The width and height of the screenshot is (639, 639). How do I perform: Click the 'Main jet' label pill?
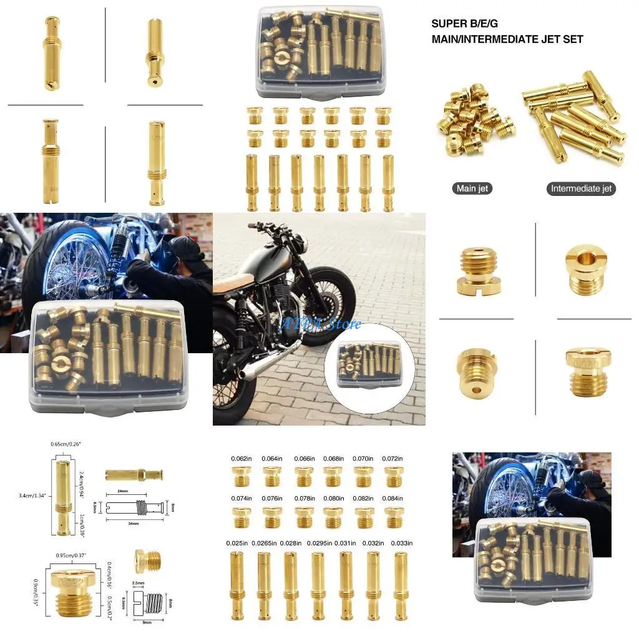pyautogui.click(x=472, y=188)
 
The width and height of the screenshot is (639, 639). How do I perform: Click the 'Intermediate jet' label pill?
pyautogui.click(x=582, y=188)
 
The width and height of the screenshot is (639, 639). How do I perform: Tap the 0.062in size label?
pyautogui.click(x=240, y=459)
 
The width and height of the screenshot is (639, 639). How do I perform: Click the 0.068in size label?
pyautogui.click(x=333, y=459)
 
